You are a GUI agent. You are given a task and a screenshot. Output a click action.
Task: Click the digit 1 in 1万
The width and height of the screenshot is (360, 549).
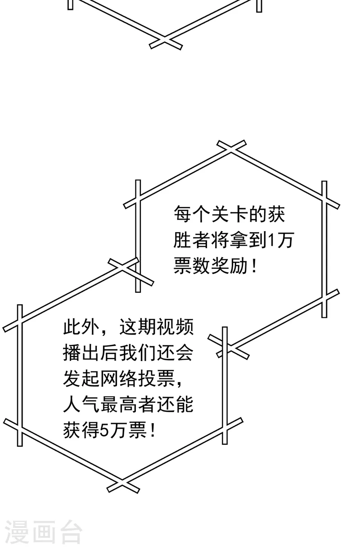coord(271,240)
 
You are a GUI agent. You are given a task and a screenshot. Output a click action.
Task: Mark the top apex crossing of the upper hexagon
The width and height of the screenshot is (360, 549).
coord(231,147)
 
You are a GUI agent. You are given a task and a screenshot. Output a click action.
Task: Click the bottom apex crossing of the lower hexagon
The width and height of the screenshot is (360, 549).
coord(122,485)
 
